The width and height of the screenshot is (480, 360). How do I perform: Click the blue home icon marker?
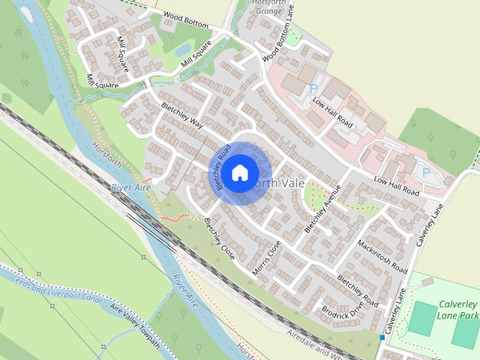coord(239,172)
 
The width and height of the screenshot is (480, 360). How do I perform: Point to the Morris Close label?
coord(267,256)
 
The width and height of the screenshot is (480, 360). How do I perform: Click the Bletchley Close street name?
coord(220,238)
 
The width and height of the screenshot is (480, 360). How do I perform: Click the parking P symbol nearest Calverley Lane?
coord(426,172)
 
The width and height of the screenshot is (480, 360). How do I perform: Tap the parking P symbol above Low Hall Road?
coord(313,88)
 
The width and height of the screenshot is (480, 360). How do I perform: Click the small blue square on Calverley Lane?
coord(382,337)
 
